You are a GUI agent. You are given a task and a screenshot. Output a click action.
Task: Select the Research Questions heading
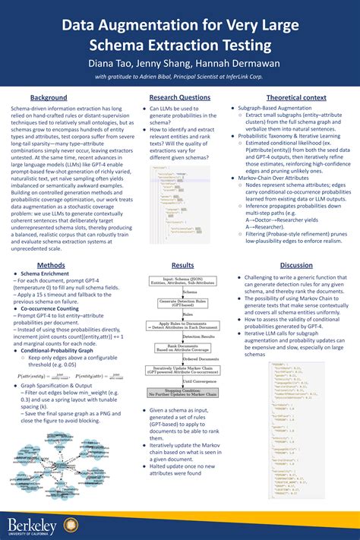tap(180, 98)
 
